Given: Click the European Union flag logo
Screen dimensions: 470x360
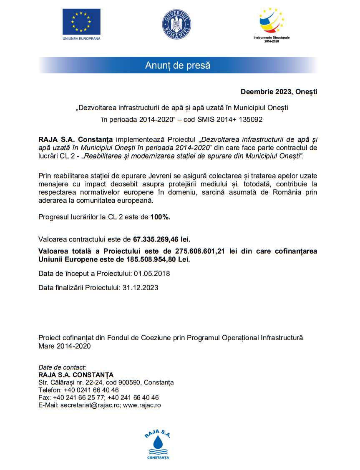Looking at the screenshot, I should (x=81, y=21).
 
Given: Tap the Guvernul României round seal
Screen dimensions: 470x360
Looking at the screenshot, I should (x=176, y=24).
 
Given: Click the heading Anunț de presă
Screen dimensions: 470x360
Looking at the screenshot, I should (x=178, y=65).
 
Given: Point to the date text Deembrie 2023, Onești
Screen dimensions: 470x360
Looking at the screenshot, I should (x=279, y=92).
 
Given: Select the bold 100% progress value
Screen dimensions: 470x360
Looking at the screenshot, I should (x=160, y=217).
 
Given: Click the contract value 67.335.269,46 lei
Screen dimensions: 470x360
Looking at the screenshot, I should (x=161, y=239).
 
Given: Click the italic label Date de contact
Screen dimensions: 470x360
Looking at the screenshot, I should (x=62, y=367).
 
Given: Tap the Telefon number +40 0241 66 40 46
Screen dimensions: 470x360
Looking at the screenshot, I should (x=91, y=390).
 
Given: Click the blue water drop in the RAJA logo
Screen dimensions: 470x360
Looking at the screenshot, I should (x=158, y=442).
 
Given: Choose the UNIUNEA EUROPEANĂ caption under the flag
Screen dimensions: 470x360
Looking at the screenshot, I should (x=81, y=38).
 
